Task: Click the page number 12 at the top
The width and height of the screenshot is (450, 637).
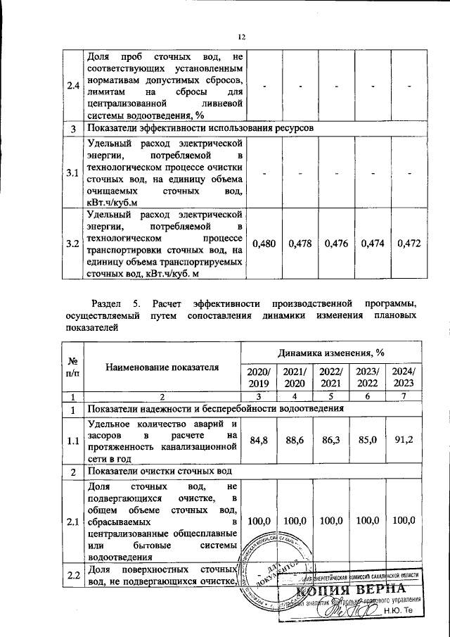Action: [241, 37]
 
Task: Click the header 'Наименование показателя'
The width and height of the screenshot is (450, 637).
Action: [162, 367]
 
